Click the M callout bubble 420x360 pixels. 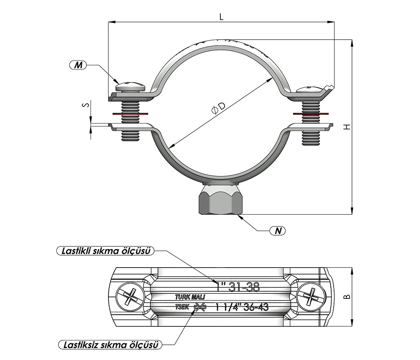[x=79, y=64]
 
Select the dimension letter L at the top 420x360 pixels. [x=221, y=17]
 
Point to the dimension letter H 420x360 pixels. [x=347, y=127]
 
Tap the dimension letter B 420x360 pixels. [x=347, y=296]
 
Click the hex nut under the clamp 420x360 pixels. [x=222, y=200]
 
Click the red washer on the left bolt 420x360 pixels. [x=130, y=114]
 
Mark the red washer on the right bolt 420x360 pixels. [x=312, y=114]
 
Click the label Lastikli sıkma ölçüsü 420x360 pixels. [x=106, y=251]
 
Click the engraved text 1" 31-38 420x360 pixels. [x=238, y=287]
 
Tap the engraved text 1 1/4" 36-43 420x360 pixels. [x=242, y=307]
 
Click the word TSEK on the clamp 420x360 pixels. [x=182, y=307]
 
